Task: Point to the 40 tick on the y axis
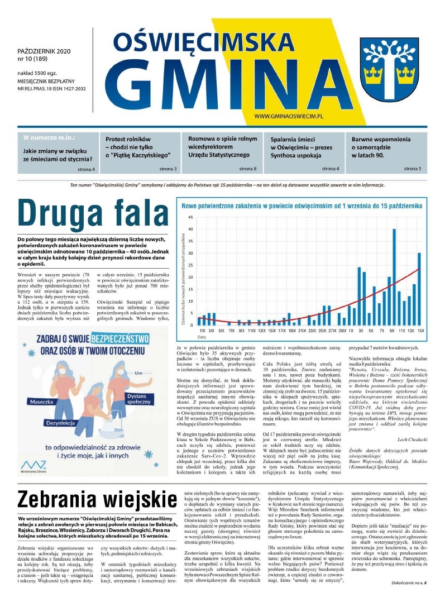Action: [190, 229]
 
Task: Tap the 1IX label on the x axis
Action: [202, 331]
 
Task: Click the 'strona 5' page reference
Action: [413, 168]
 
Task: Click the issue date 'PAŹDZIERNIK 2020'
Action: [42, 51]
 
